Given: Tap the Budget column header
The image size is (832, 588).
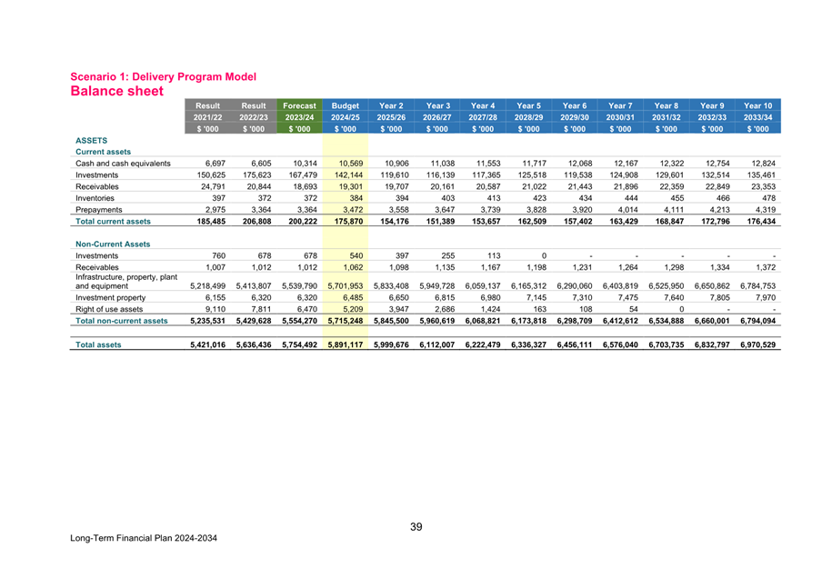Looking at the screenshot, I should point(345,105).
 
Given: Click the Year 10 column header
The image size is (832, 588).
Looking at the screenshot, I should point(757,105).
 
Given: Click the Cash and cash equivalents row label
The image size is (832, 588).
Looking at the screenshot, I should point(124,164).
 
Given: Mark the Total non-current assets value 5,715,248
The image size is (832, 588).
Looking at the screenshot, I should point(344,320).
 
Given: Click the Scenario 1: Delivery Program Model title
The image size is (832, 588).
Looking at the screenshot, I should point(163,76).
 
